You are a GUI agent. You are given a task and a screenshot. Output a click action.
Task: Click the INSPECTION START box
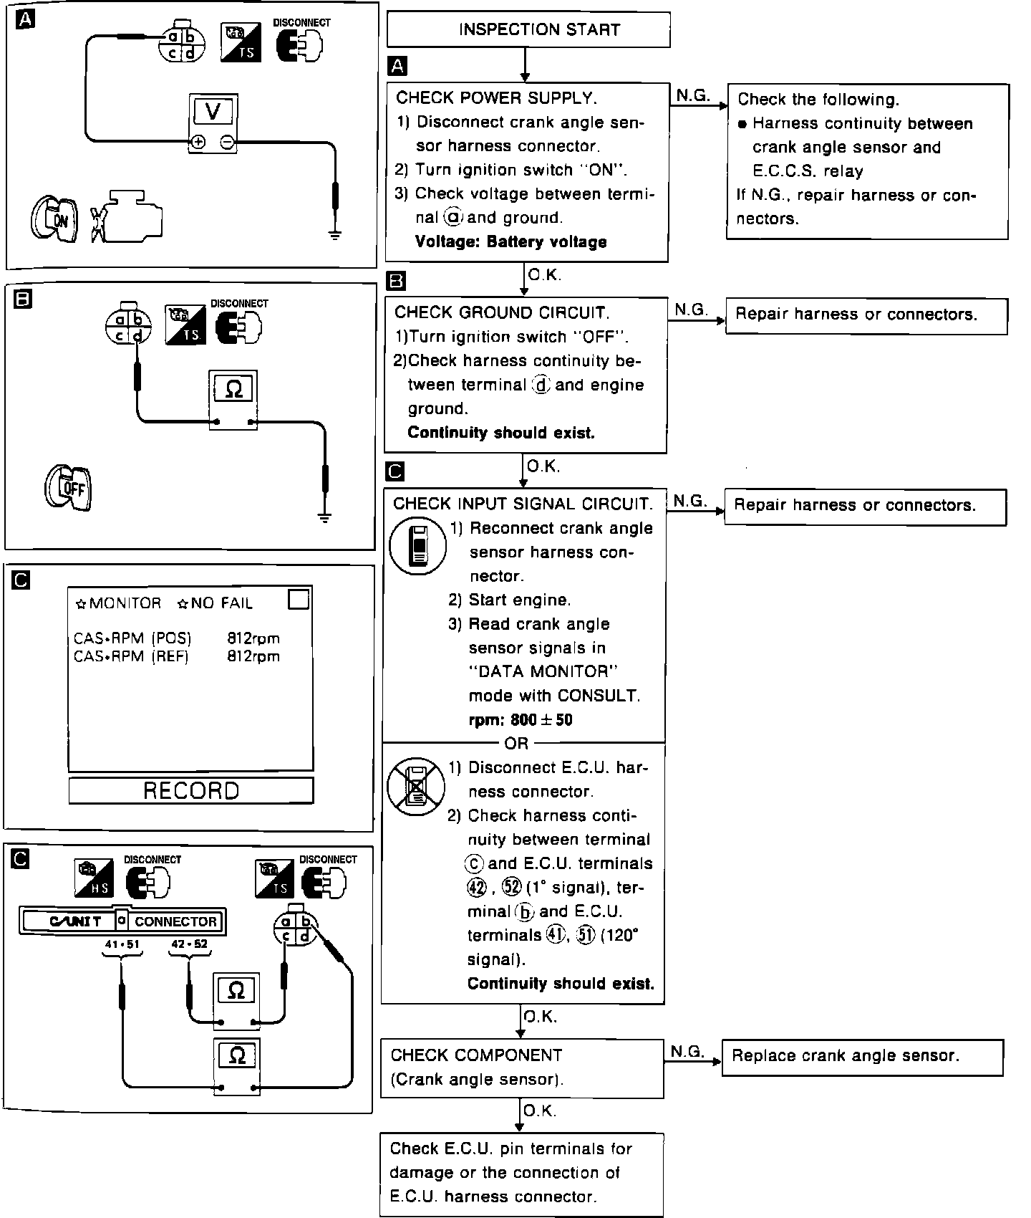(x=528, y=30)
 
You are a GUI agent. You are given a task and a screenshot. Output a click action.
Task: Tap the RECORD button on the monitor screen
(x=191, y=790)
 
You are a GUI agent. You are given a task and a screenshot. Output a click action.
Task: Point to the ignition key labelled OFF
(x=69, y=489)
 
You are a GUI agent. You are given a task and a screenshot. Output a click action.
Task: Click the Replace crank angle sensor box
(x=862, y=1057)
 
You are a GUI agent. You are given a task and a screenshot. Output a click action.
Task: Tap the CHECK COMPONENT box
(x=521, y=1068)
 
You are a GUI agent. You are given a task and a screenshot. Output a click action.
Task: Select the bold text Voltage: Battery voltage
(x=510, y=242)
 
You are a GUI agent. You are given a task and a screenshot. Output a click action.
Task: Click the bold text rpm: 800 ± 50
(x=520, y=720)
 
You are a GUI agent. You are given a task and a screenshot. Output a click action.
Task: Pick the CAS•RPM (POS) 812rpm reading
(x=177, y=638)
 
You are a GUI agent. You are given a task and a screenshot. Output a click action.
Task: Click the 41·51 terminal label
(x=122, y=944)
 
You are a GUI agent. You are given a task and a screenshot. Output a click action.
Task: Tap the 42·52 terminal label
(x=190, y=944)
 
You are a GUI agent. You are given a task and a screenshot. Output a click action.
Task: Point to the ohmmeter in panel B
(x=233, y=401)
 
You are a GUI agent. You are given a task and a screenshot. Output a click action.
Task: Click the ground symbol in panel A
(x=335, y=232)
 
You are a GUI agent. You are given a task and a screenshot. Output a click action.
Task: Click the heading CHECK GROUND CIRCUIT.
(x=501, y=313)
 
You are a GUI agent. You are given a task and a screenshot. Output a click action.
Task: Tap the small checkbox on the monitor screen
(x=299, y=599)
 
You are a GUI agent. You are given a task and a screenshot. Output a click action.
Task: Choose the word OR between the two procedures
(x=516, y=743)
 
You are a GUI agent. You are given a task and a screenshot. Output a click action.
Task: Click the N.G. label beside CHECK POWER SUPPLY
(x=692, y=95)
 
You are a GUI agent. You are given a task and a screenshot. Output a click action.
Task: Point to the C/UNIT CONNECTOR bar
(x=122, y=921)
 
